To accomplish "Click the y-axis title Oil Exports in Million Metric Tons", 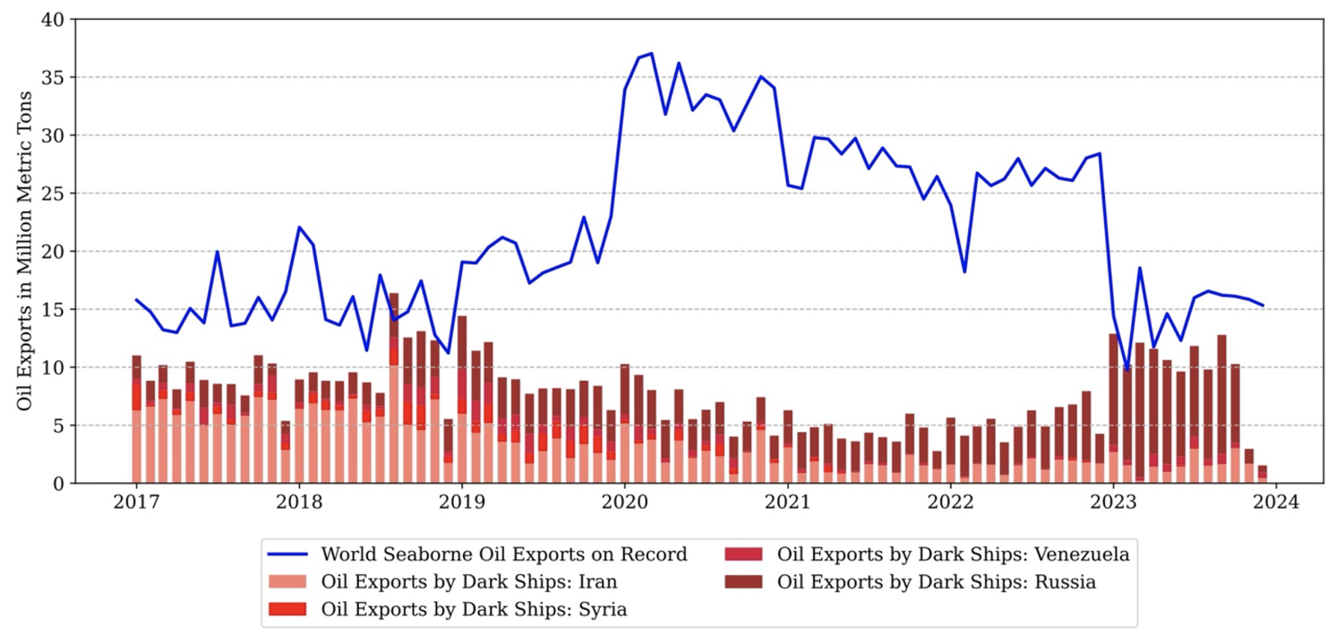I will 24,251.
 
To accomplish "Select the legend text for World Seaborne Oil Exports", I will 503,555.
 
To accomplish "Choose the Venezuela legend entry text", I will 954,555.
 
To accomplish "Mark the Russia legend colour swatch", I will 743,582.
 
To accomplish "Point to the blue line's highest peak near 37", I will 651,54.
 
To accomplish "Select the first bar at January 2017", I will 136,421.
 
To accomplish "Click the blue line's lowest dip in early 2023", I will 1126,369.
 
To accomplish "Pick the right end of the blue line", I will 1263,306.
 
